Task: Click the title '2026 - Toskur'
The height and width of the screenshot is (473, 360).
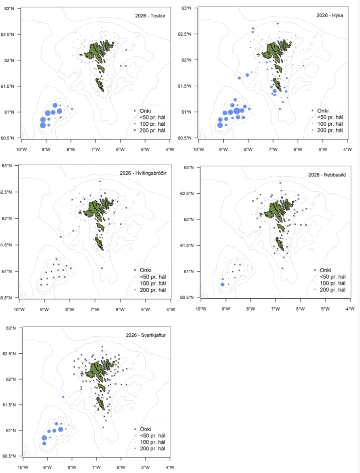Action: click(x=150, y=16)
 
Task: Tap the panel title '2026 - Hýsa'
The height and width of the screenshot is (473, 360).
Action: click(x=330, y=15)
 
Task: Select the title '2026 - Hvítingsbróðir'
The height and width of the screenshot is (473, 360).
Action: click(x=143, y=173)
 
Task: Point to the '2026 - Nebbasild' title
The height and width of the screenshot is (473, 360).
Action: click(x=327, y=175)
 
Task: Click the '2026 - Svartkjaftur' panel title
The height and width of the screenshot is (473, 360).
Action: click(x=146, y=335)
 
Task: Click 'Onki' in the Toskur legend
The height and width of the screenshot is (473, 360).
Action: click(x=145, y=111)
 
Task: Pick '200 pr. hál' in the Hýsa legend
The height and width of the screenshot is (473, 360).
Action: click(x=330, y=130)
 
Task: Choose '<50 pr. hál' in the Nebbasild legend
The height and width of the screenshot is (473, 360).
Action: click(x=333, y=277)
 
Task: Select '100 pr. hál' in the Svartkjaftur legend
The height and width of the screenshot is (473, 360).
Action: click(x=152, y=442)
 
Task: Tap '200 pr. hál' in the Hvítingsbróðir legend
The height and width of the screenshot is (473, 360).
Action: click(x=152, y=290)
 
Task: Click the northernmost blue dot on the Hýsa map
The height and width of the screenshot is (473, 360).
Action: click(x=277, y=23)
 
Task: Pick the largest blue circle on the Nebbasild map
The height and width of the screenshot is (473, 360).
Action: click(x=222, y=285)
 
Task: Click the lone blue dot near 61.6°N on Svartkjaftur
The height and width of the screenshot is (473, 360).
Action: click(x=63, y=397)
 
